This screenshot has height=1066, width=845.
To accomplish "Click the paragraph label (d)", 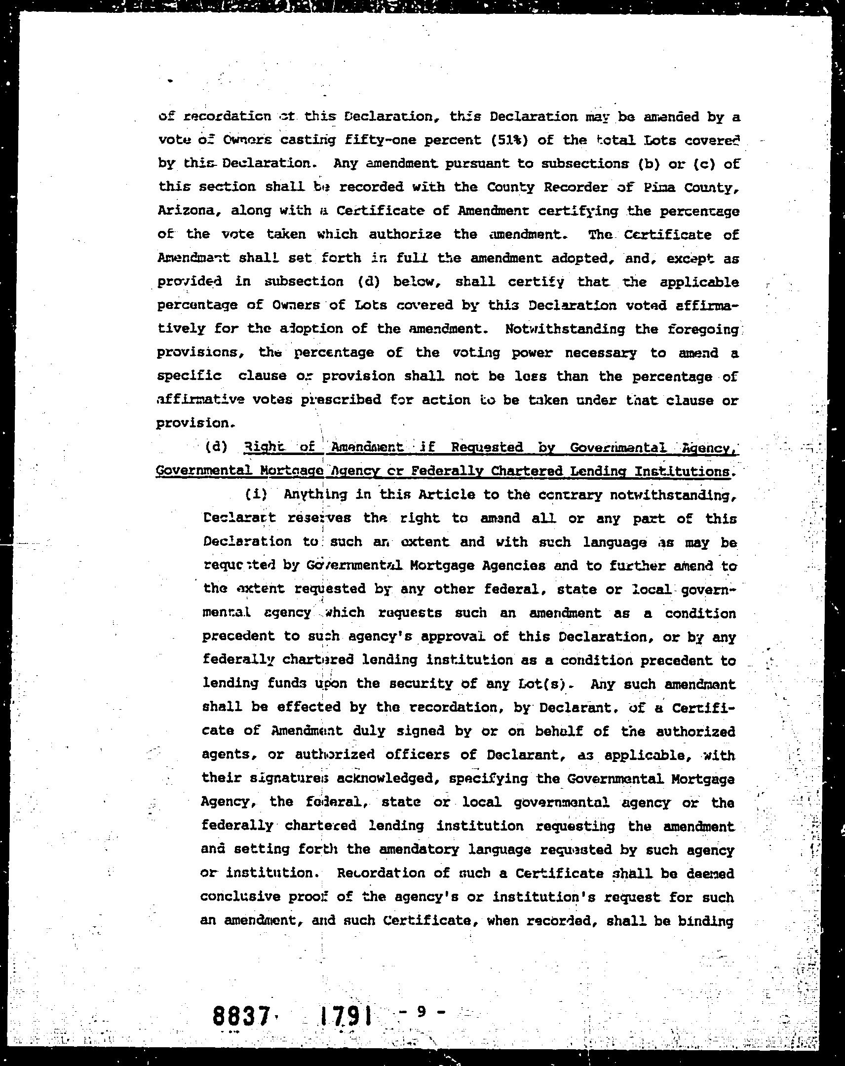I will [217, 447].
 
